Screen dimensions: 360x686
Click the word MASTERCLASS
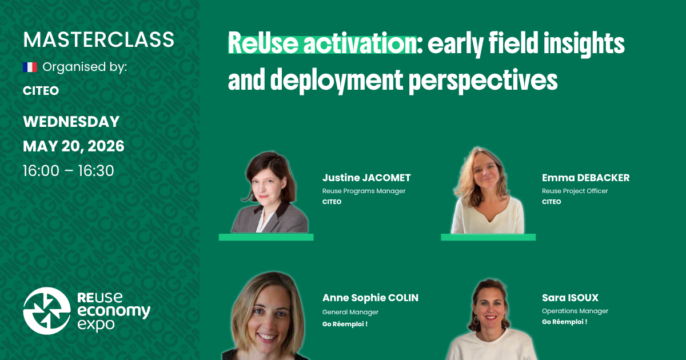tap(98, 39)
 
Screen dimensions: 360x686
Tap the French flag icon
tap(30, 67)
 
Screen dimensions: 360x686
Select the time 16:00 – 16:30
tap(69, 170)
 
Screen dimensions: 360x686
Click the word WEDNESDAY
tap(71, 122)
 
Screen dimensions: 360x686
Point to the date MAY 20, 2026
tap(73, 146)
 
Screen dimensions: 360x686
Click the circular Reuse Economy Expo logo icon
tap(47, 311)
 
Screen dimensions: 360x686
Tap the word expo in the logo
tap(95, 325)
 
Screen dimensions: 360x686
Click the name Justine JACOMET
tap(366, 178)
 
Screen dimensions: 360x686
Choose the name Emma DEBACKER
tap(585, 178)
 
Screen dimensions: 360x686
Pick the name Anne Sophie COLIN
tap(370, 298)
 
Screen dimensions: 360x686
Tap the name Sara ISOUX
tap(569, 298)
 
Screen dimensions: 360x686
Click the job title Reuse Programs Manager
tap(364, 191)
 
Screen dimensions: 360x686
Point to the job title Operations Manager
tap(575, 311)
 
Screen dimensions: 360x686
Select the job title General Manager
tap(350, 312)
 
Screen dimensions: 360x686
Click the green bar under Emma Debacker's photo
tap(488, 237)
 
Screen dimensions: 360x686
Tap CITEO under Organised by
tap(41, 91)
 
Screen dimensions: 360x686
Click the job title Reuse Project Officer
tap(575, 191)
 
